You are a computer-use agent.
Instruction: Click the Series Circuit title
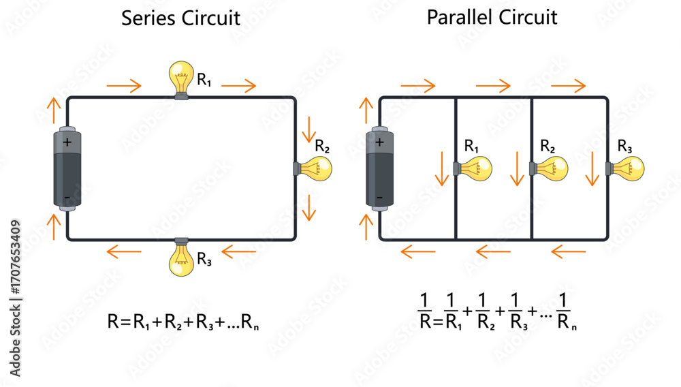tap(180, 18)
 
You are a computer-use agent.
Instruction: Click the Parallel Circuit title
tap(492, 17)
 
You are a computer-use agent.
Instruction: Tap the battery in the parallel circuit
tap(379, 168)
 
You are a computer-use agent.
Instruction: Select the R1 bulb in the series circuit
tap(181, 78)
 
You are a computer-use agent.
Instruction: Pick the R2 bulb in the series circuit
tap(314, 168)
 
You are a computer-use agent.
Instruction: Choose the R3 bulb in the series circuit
tap(181, 258)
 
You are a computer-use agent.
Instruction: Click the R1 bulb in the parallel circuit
tap(475, 168)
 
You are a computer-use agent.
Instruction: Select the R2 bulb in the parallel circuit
tap(550, 168)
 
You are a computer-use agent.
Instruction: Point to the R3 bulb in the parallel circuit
tap(627, 168)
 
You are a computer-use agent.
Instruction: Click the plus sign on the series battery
tap(67, 143)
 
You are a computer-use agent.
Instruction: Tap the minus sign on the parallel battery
tap(379, 198)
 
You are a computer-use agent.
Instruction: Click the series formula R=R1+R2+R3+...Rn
tap(183, 322)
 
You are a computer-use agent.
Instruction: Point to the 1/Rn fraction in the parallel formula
tap(567, 311)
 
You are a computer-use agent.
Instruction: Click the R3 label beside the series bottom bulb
tap(204, 259)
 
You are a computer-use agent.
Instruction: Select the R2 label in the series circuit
tap(322, 146)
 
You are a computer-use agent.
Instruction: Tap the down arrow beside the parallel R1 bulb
tap(442, 168)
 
